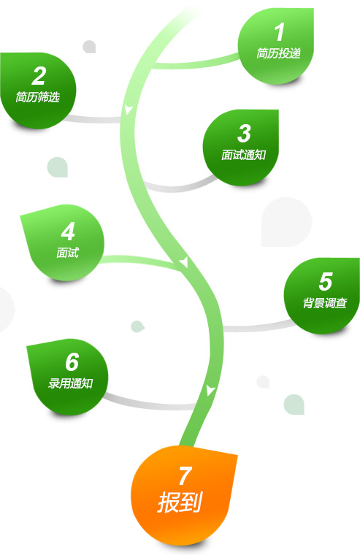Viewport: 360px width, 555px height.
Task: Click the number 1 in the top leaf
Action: [x=280, y=32]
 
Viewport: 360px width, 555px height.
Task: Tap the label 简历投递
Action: [x=279, y=53]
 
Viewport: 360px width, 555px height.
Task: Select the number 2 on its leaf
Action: [x=39, y=76]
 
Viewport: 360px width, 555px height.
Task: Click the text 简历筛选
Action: [x=37, y=97]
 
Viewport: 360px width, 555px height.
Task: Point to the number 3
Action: [x=244, y=134]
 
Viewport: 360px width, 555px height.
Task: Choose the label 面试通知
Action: [x=244, y=155]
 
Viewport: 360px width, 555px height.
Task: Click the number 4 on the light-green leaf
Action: [x=68, y=231]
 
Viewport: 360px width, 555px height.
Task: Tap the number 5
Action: [x=325, y=282]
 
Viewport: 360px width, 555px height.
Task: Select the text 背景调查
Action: [x=325, y=303]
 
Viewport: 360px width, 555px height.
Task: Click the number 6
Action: [x=72, y=361]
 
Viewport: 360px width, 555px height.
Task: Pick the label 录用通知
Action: [x=70, y=383]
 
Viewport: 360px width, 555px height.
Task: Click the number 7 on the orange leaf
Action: [x=185, y=476]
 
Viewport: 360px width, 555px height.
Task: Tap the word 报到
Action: [x=180, y=502]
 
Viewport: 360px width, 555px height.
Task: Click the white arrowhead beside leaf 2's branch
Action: [x=128, y=110]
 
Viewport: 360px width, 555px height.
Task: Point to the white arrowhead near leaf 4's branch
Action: [x=184, y=262]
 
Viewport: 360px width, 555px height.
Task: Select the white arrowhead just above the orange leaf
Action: [x=210, y=390]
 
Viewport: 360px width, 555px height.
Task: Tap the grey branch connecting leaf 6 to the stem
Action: [x=149, y=403]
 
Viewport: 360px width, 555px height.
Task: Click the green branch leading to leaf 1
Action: [x=197, y=63]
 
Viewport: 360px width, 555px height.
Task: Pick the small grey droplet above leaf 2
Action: [x=90, y=47]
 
